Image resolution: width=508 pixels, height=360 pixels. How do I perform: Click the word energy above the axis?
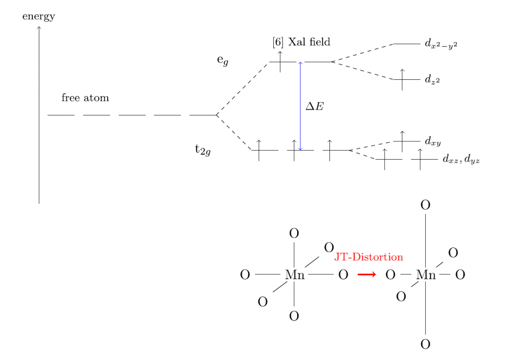[x=39, y=16]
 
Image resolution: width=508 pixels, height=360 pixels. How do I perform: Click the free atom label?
[x=85, y=98]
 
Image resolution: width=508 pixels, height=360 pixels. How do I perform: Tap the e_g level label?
[x=223, y=60]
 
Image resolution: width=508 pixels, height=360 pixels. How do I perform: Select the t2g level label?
[x=203, y=150]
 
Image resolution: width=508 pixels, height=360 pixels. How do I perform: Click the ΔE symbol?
[x=315, y=106]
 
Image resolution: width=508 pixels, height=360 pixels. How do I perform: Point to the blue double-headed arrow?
[x=300, y=106]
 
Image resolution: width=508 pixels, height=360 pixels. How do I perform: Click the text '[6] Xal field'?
[x=301, y=42]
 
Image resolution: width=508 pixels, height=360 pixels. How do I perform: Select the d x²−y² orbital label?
[x=441, y=44]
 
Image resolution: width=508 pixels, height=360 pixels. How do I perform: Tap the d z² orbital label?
[x=432, y=80]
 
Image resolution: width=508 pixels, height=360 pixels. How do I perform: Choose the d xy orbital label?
[x=433, y=141]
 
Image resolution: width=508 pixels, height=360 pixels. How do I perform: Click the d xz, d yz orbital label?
[x=461, y=159]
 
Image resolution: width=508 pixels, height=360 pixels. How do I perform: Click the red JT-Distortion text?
[x=369, y=257]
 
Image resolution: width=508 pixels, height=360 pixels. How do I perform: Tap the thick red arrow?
[x=367, y=275]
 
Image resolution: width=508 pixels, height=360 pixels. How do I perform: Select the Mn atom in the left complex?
[x=295, y=275]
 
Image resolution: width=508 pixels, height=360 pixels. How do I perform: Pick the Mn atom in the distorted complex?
[x=426, y=275]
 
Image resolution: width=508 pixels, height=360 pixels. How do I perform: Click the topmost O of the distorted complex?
[x=425, y=205]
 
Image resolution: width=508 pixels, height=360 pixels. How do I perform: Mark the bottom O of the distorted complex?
[x=425, y=344]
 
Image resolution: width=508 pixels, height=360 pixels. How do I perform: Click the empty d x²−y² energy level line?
[x=407, y=44]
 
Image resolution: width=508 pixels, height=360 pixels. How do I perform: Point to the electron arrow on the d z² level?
[x=402, y=79]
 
